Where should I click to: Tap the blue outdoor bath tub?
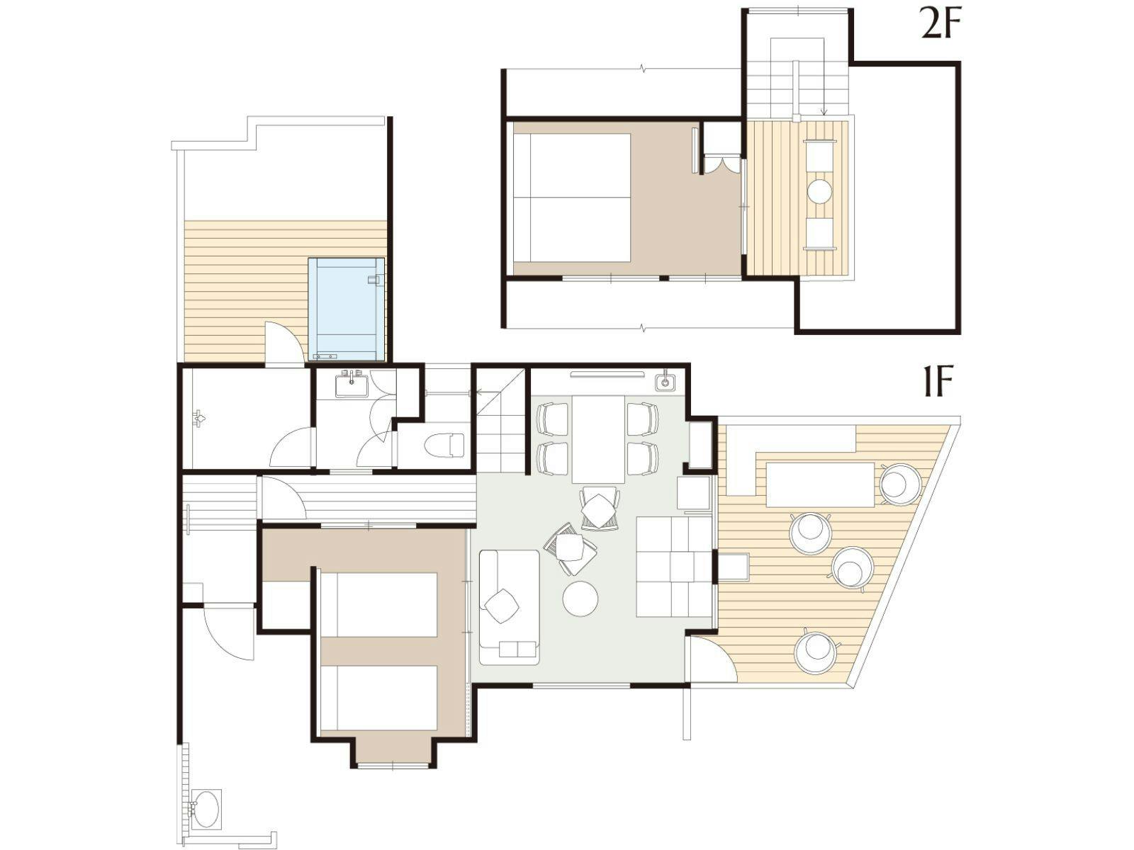tap(346, 309)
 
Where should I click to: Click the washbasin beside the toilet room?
tap(352, 385)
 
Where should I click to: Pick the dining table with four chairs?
tap(597, 438)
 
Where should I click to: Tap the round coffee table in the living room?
tap(580, 598)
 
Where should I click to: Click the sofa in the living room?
tap(510, 607)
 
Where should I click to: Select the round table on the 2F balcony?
tap(820, 191)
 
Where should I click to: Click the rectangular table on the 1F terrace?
tap(819, 484)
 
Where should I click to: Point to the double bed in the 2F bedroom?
tap(572, 197)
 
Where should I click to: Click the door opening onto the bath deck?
tap(284, 343)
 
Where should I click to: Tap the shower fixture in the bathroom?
tap(200, 417)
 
